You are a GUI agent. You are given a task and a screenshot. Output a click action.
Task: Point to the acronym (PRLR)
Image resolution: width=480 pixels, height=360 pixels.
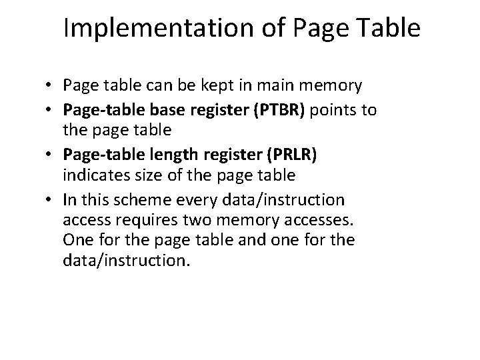pos(295,155)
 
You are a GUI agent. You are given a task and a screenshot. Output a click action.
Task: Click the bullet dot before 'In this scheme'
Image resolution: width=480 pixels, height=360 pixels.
pos(51,199)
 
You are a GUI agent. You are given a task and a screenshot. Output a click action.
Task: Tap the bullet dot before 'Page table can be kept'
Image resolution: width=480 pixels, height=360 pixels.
pos(51,85)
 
